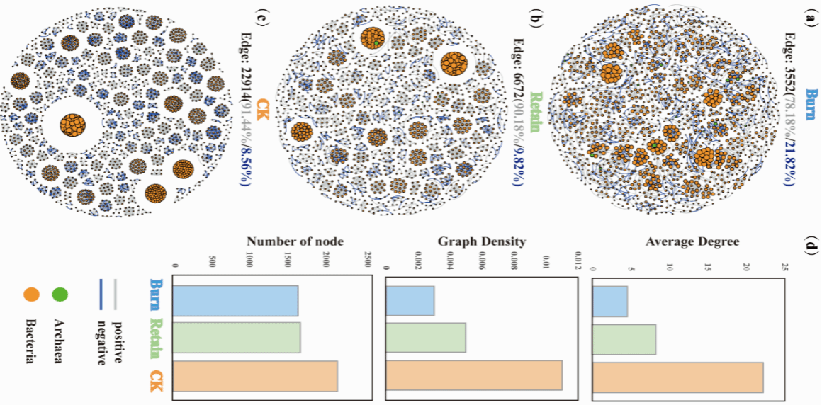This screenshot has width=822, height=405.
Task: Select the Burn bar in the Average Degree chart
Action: click(x=609, y=301)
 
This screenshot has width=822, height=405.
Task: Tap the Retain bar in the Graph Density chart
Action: click(x=426, y=338)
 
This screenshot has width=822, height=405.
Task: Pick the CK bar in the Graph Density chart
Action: click(x=474, y=375)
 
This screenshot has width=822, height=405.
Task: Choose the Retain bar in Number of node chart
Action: click(x=237, y=338)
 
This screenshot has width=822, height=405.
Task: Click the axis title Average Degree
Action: click(x=692, y=242)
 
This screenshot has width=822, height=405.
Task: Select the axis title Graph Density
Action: click(x=482, y=242)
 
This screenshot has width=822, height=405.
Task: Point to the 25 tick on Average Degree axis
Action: click(x=783, y=268)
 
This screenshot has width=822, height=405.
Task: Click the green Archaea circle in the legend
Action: click(x=60, y=292)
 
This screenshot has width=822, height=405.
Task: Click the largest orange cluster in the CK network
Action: click(x=72, y=125)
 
